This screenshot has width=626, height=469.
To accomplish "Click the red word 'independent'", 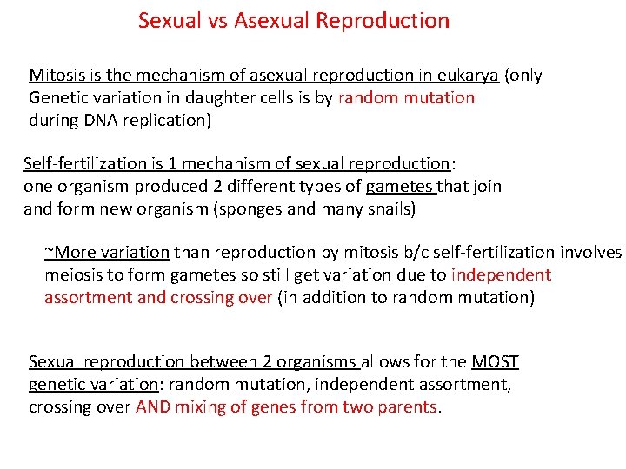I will pos(502,275).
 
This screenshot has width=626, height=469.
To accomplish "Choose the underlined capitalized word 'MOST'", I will pos(495,362).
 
